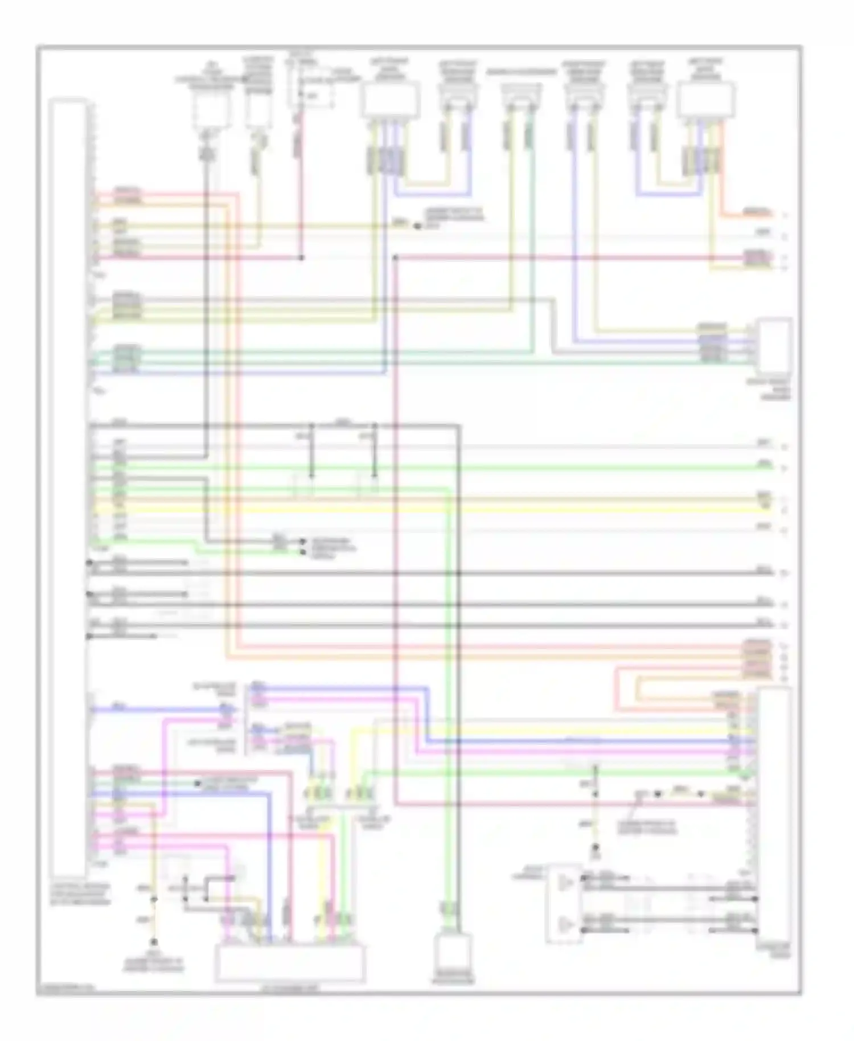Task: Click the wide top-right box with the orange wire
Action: click(705, 100)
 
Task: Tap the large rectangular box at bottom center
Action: click(290, 963)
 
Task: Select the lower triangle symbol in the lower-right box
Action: click(565, 923)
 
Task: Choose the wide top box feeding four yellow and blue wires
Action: click(391, 100)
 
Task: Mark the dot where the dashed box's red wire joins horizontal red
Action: click(302, 258)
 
